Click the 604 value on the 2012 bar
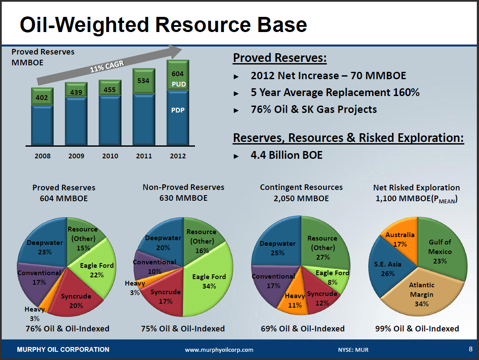[x=178, y=74]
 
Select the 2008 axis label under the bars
[x=42, y=156]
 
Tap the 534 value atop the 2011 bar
[x=144, y=80]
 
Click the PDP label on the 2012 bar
[x=178, y=110]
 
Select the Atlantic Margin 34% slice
[x=422, y=294]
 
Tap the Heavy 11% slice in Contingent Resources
[x=295, y=300]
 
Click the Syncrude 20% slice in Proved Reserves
[x=76, y=300]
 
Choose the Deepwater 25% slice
[x=277, y=248]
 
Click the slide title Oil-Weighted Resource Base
[x=163, y=25]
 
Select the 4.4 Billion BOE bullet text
[x=286, y=155]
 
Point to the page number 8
[x=470, y=349]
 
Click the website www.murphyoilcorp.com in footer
[x=219, y=350]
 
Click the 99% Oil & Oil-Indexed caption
[x=417, y=328]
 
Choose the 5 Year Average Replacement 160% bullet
[x=335, y=93]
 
